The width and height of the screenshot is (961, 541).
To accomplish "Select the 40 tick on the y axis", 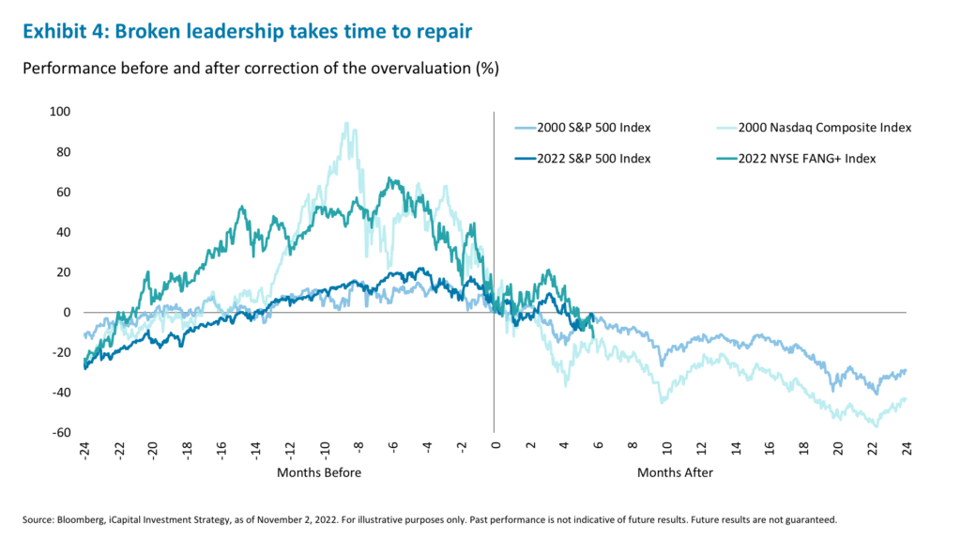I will [x=62, y=232].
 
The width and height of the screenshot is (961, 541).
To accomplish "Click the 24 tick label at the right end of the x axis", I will [x=907, y=448].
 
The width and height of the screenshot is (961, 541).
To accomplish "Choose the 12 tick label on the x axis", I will [x=701, y=448].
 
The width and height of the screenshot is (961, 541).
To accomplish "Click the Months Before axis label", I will [x=319, y=472].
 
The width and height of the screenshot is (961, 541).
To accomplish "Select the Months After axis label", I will [x=675, y=472].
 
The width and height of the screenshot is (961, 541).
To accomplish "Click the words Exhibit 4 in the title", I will [x=62, y=30].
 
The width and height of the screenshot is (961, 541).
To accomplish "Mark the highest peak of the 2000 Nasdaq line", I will [x=346, y=123].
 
